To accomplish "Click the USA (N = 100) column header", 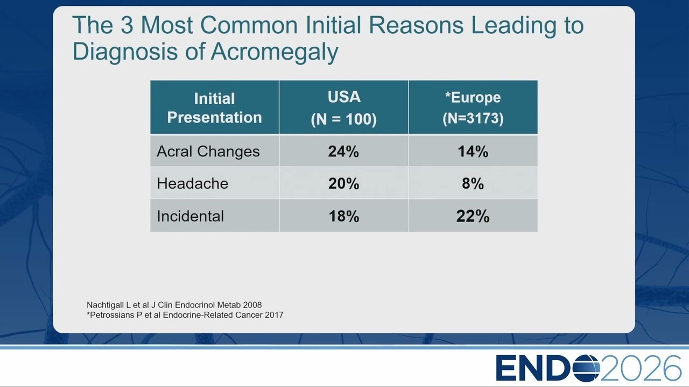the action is click(x=343, y=107).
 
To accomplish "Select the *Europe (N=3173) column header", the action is click(x=473, y=107).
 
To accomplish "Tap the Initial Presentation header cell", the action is click(x=214, y=107).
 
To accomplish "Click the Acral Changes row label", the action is click(x=208, y=152).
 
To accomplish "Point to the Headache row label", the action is click(x=193, y=184).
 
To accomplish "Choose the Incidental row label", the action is click(x=191, y=216).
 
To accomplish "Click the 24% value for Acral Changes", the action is click(x=343, y=152).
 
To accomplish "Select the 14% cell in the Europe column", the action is click(x=473, y=152).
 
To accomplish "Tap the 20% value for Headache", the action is click(x=343, y=184).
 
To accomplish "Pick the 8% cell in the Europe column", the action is click(x=473, y=184).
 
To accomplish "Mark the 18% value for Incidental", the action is click(x=344, y=216).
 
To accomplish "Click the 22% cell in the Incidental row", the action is click(x=473, y=216).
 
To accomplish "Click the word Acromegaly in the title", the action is click(x=275, y=52).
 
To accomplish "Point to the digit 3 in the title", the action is click(x=126, y=25).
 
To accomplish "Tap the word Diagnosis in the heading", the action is click(x=125, y=52).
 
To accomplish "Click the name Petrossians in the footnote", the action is click(x=112, y=315).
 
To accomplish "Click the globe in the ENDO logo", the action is click(x=586, y=368).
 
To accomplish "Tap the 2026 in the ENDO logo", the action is click(x=641, y=368).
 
